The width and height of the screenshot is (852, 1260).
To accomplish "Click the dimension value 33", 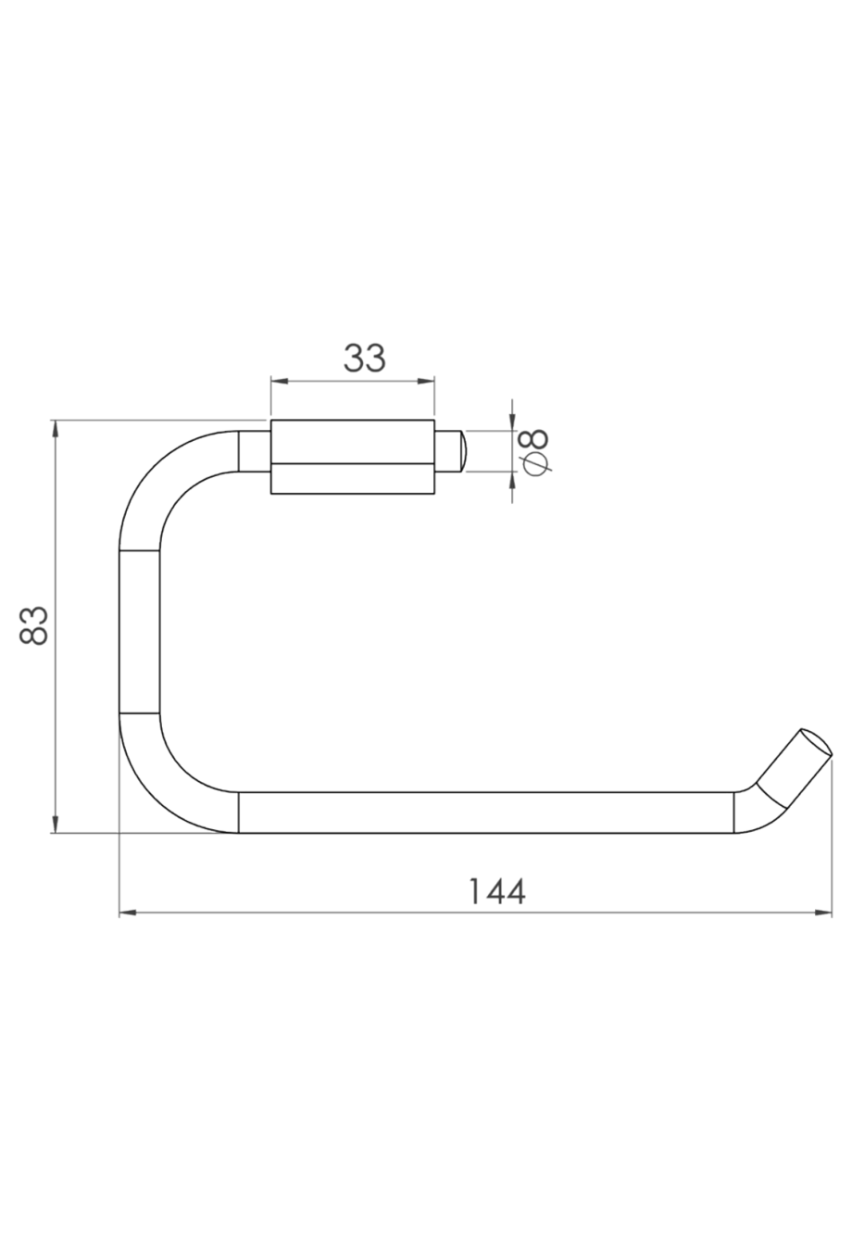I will coord(364,358).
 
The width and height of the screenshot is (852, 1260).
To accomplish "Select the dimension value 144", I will coord(496,891).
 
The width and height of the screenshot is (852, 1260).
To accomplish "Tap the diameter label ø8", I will coord(536,451).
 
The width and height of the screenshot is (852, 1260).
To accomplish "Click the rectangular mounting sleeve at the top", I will coord(352,458).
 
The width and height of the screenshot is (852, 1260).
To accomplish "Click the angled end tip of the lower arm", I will coord(800,755).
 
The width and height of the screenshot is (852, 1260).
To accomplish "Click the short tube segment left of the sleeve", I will coord(254,451).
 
